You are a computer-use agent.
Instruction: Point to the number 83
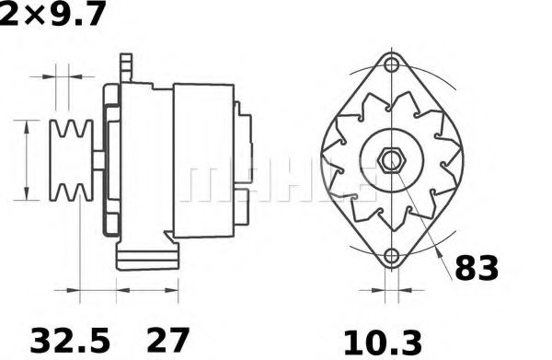[477, 267]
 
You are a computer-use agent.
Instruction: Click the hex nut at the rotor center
[391, 159]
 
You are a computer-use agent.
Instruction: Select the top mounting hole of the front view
[394, 64]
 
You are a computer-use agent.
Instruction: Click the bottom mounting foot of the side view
[147, 256]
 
